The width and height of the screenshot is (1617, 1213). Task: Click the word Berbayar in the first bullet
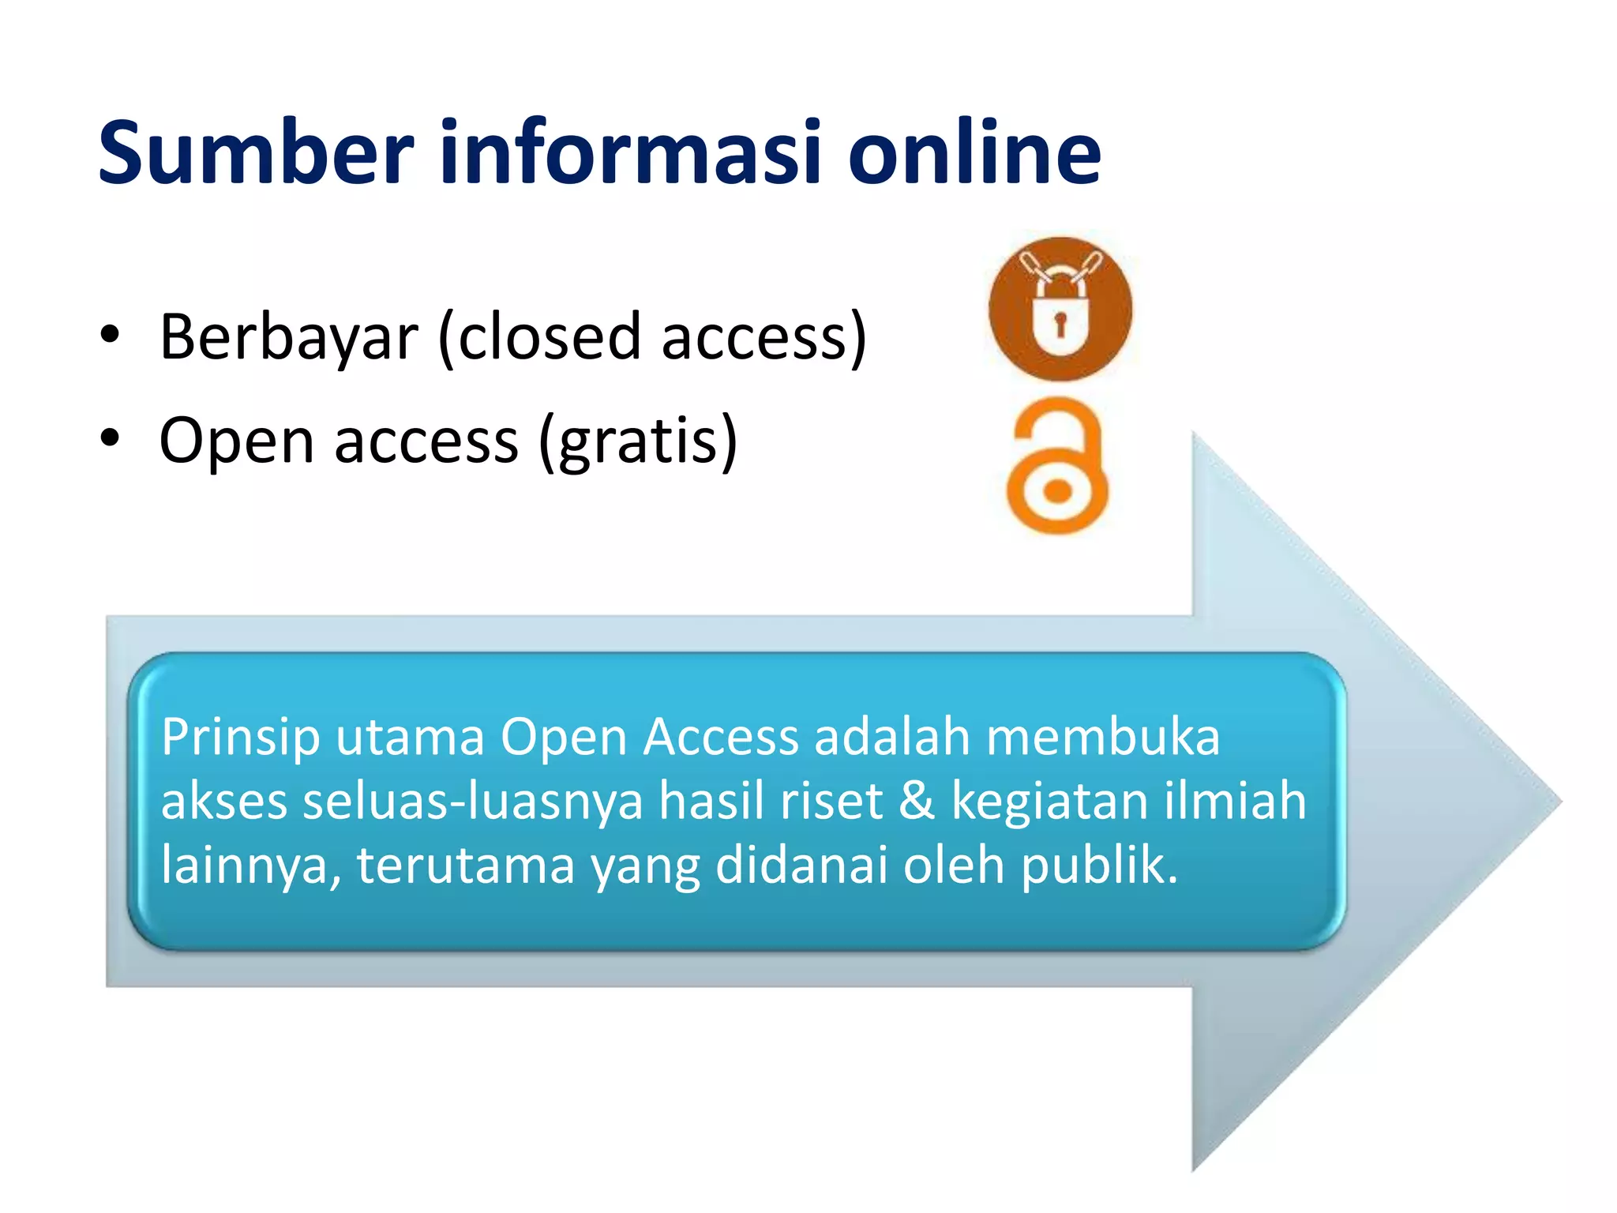pos(288,337)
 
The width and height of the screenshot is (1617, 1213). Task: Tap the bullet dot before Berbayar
pos(110,335)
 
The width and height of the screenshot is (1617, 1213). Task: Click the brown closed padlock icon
pos(1060,309)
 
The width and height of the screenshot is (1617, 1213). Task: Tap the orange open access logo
pos(1058,466)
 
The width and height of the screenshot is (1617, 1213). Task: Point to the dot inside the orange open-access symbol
pos(1057,492)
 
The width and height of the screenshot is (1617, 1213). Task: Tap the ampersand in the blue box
pos(916,801)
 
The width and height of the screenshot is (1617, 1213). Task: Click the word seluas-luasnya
pos(473,801)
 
